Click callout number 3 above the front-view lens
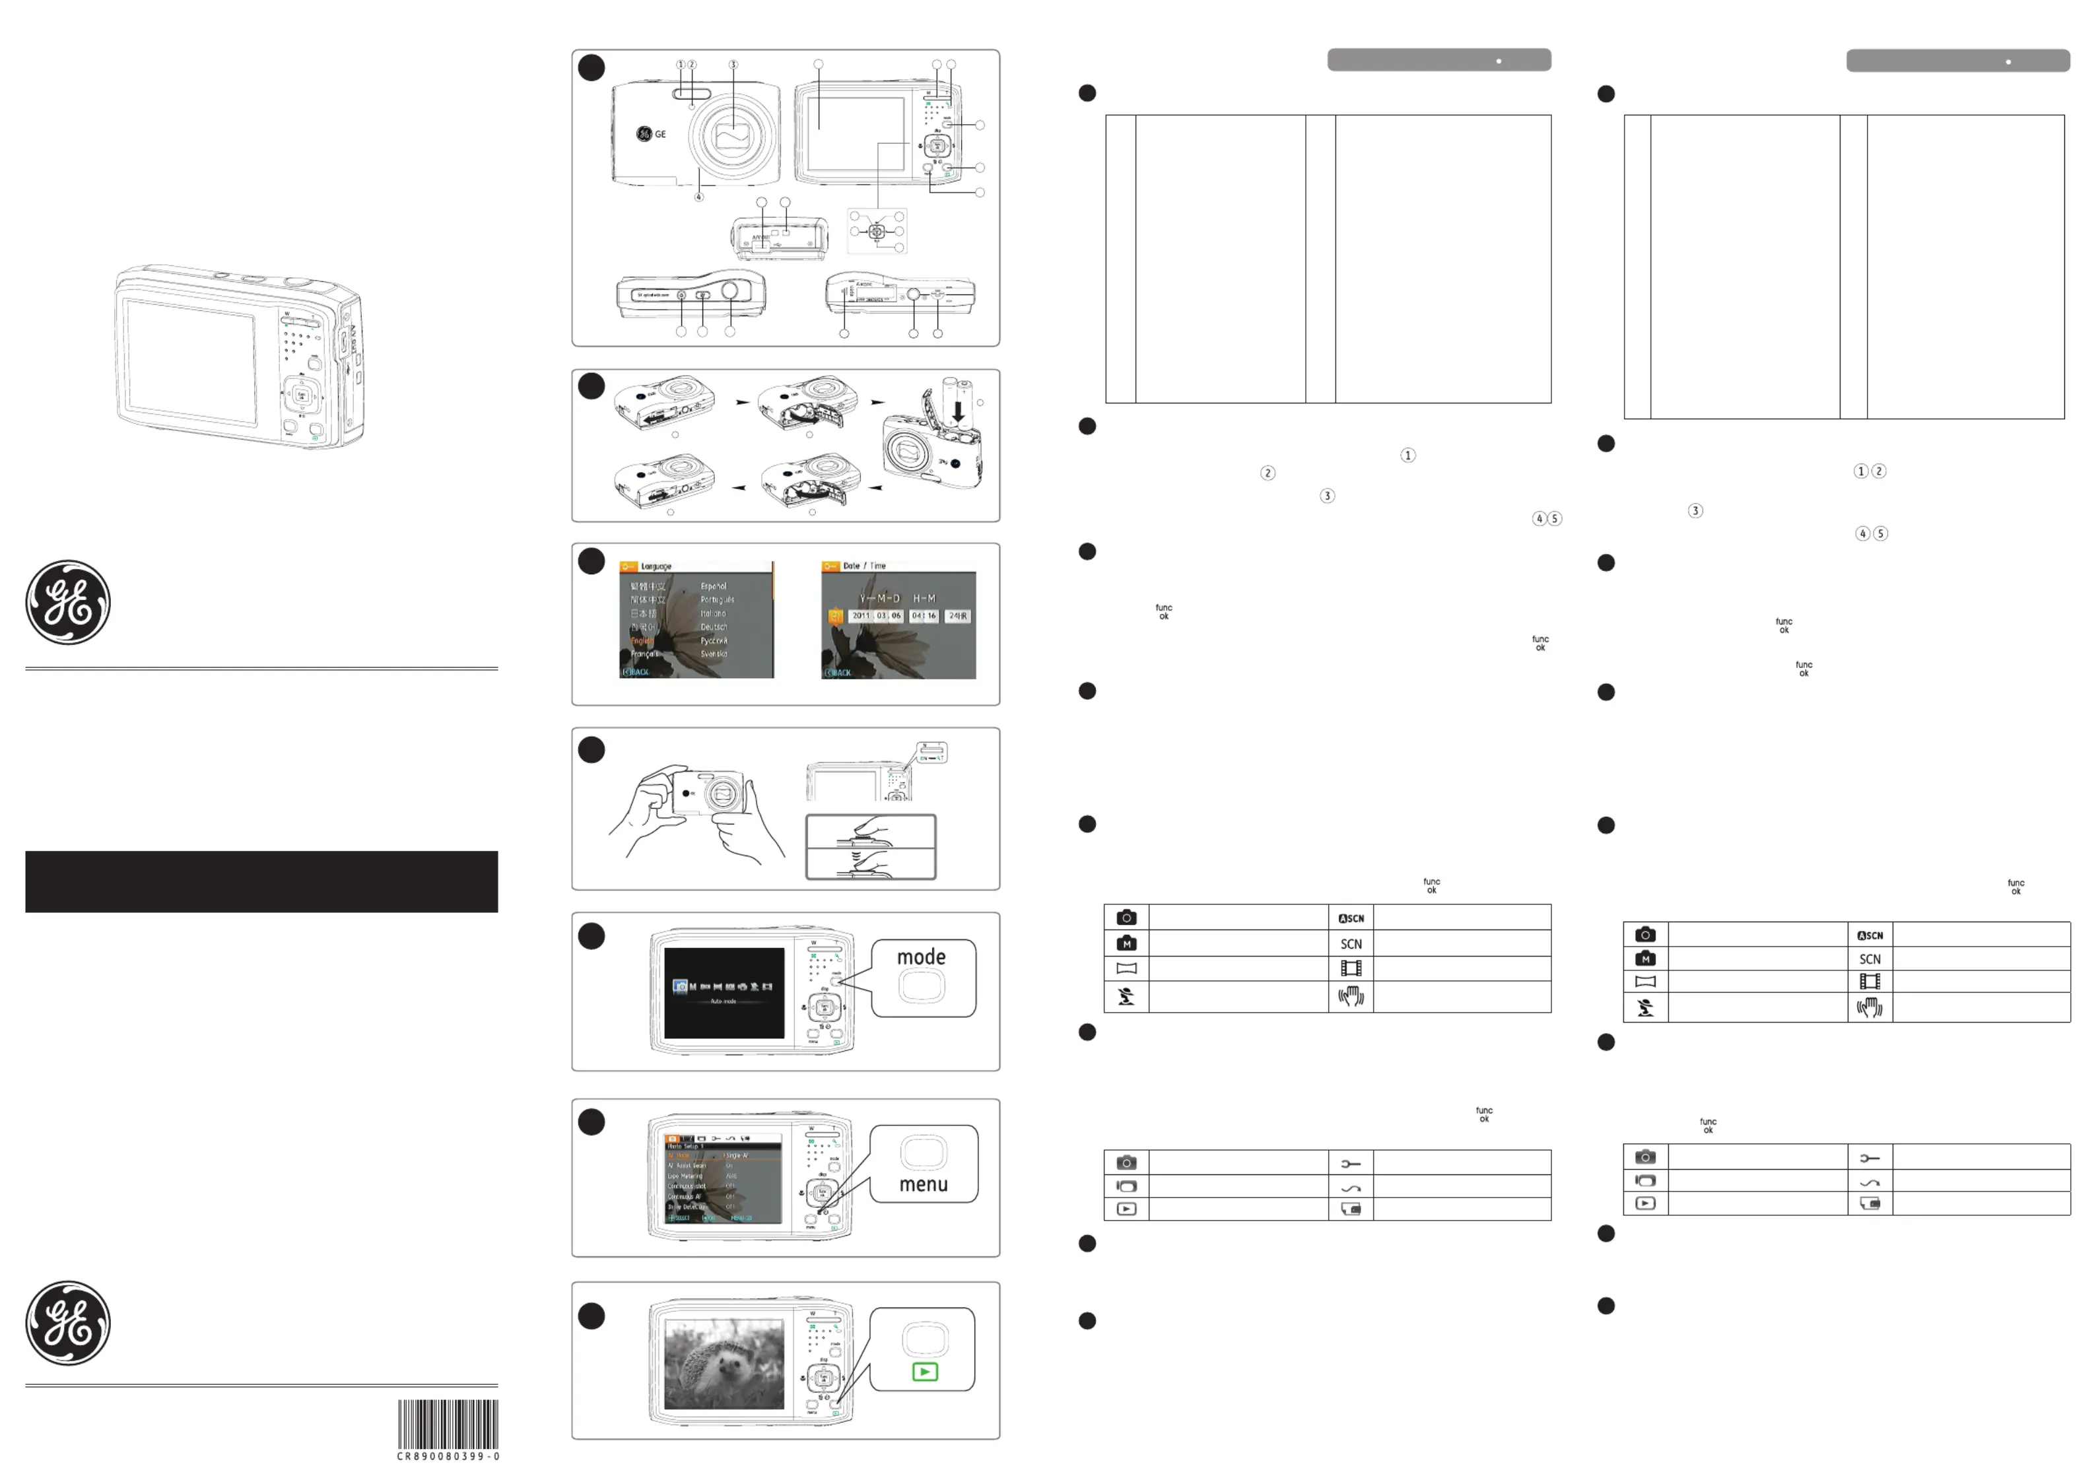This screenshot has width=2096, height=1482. point(733,65)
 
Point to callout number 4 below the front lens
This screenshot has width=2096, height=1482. point(698,196)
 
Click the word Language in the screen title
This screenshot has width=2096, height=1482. point(656,567)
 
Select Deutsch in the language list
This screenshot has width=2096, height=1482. point(714,627)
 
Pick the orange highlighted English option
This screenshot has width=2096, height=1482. point(642,641)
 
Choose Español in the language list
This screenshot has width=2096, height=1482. point(714,586)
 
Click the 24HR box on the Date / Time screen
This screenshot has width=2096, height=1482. point(958,617)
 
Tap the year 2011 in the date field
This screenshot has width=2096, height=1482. point(861,617)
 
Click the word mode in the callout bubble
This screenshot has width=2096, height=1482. point(921,957)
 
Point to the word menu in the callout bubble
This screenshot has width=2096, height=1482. point(923,1184)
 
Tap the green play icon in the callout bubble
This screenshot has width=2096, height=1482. point(925,1372)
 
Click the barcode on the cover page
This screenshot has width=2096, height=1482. point(448,1423)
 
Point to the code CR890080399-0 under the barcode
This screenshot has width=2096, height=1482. point(448,1456)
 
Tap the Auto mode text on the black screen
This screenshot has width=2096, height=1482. point(723,1001)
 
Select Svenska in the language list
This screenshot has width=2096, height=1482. point(714,655)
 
